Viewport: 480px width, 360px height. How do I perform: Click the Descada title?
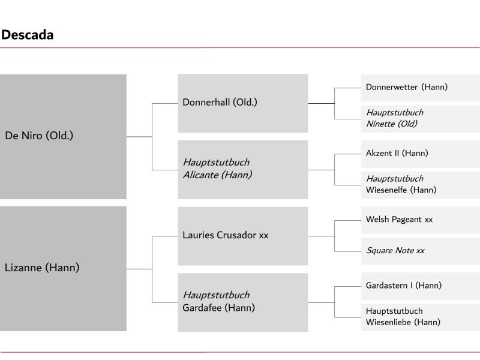(x=28, y=35)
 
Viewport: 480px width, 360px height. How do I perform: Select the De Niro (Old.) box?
(x=63, y=137)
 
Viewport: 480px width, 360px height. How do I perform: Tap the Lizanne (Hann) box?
(x=63, y=268)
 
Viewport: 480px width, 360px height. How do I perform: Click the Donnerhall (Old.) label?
(x=220, y=102)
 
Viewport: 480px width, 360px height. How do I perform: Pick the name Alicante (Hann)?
(x=217, y=175)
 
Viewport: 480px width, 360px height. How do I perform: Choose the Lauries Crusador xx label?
(x=226, y=235)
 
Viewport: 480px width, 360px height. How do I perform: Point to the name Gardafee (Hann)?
(x=218, y=308)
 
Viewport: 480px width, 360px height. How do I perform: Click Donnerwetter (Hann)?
(x=407, y=87)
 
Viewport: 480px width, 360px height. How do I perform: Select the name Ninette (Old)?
(x=392, y=124)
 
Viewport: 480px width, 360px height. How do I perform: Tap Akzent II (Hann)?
(x=397, y=153)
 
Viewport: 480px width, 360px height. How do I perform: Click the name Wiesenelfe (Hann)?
(x=401, y=190)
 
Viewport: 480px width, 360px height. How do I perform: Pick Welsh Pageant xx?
(x=399, y=219)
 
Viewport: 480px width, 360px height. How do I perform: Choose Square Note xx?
(x=395, y=250)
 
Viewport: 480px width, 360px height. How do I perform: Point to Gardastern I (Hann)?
(x=404, y=286)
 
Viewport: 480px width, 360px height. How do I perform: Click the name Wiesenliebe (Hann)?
(x=403, y=322)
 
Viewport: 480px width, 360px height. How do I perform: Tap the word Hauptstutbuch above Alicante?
(x=216, y=162)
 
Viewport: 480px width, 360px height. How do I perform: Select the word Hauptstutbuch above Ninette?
(x=395, y=112)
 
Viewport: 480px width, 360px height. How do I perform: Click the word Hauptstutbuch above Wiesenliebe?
(x=394, y=311)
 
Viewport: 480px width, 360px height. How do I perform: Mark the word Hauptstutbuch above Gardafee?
(x=216, y=295)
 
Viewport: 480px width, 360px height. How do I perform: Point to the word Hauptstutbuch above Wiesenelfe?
(x=395, y=178)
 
